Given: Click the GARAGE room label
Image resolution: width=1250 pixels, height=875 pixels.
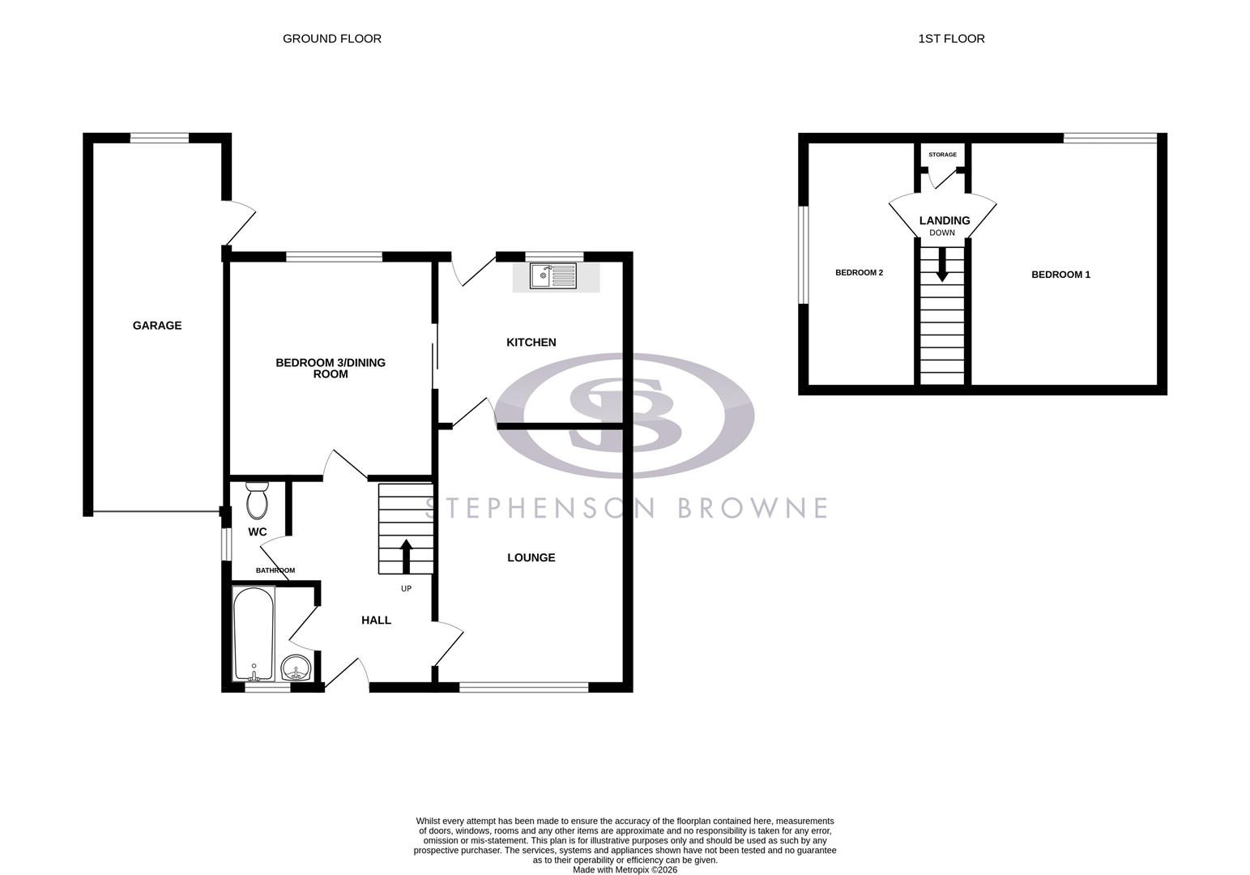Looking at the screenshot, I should [157, 326].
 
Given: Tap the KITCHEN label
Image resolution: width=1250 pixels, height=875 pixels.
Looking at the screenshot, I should [531, 343].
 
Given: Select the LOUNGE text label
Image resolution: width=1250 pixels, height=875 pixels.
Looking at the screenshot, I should [531, 557].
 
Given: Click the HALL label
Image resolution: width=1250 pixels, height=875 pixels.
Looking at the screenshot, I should [376, 621].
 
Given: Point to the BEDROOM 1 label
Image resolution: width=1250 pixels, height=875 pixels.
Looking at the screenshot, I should [1060, 275].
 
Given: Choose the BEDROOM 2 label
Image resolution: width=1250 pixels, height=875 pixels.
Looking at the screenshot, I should [859, 273].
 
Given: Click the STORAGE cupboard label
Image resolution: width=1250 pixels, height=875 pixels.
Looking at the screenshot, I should [942, 155].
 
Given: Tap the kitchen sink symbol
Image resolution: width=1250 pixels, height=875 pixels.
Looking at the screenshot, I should [552, 276].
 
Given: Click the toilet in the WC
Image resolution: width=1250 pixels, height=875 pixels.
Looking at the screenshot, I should [257, 500].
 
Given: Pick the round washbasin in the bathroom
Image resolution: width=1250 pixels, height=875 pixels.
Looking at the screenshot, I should [297, 670].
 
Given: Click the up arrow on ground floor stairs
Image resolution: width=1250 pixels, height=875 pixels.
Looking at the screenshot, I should [406, 557].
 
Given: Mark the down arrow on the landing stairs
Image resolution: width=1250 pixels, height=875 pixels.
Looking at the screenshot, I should [941, 266].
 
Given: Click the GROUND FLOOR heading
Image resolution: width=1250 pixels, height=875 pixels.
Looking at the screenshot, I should [331, 39].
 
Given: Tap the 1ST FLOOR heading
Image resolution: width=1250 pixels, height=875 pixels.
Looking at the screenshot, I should [951, 39].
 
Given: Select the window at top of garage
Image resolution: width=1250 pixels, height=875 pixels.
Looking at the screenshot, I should [160, 138].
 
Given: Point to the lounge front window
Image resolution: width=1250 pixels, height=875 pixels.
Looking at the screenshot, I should [523, 687].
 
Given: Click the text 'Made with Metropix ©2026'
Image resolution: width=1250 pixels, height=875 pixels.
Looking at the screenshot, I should [625, 869].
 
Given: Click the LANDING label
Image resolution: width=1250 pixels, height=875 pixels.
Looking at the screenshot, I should [944, 220].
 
